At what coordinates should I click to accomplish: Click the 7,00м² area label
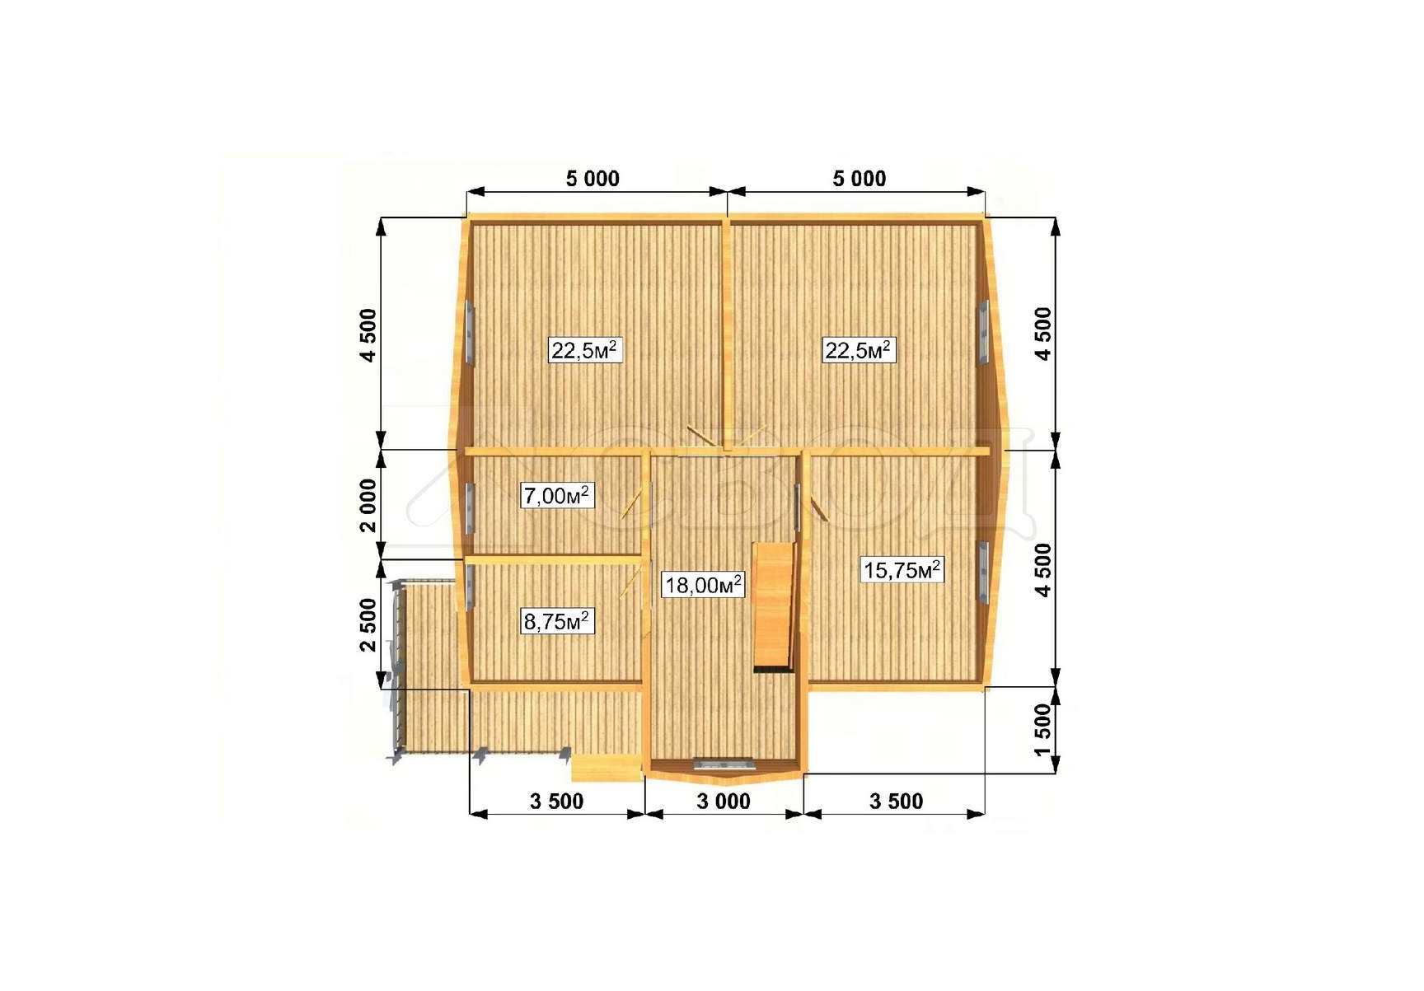coord(557,496)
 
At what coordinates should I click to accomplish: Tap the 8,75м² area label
coord(557,621)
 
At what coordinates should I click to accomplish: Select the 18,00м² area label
coord(703,585)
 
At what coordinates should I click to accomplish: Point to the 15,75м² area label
coord(902,569)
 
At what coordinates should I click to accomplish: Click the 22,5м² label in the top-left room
coord(585,351)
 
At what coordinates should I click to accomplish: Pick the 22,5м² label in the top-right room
coord(858,351)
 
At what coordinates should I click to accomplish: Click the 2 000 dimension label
coord(368,507)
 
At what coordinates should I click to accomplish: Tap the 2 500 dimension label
coord(368,624)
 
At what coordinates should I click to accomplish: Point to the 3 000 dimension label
coord(724,801)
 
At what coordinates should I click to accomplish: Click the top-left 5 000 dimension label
coord(593,179)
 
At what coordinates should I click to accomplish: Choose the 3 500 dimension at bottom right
coord(897,801)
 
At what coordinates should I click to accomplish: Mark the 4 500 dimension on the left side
coord(368,334)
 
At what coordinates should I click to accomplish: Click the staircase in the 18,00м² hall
coord(775,607)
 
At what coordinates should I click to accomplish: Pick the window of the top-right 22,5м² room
coord(983,332)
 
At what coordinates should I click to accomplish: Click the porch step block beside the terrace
coord(607,768)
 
